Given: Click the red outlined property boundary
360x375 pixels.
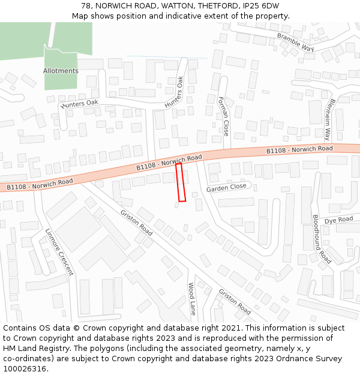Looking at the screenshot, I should (x=181, y=182).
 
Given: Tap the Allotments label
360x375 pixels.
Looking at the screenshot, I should (x=61, y=71).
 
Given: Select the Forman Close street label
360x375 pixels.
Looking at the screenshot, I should (x=223, y=116).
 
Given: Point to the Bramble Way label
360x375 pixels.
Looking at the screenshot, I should (x=295, y=42).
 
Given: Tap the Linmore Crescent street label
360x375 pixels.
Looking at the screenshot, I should (x=59, y=251).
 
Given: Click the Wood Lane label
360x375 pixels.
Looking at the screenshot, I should (x=192, y=299).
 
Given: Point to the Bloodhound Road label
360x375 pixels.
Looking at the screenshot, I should (x=322, y=239).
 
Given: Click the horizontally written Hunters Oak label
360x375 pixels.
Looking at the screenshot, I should (x=80, y=103).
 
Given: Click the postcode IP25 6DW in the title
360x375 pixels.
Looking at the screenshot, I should (x=261, y=5).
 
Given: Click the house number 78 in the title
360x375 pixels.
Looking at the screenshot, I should (x=86, y=5).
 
